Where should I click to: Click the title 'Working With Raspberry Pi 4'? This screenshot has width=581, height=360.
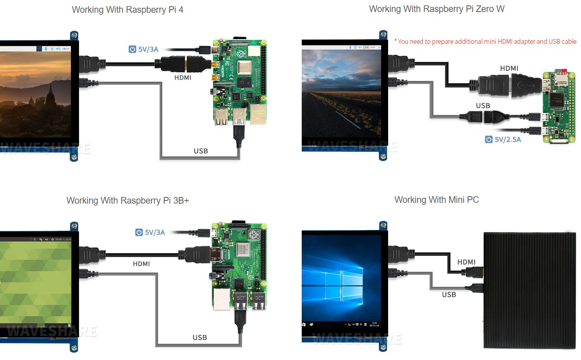(127, 10)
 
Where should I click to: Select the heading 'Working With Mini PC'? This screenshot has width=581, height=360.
(437, 200)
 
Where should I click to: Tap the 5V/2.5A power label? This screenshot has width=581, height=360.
(503, 139)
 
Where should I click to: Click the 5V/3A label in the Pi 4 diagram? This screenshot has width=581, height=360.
(144, 49)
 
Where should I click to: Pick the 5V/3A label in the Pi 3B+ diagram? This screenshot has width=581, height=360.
(150, 232)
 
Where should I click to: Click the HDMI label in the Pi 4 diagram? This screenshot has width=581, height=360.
(183, 77)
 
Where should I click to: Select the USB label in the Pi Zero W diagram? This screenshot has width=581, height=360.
(483, 106)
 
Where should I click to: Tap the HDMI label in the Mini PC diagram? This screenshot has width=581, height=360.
(466, 262)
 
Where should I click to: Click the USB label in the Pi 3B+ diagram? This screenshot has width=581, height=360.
(200, 338)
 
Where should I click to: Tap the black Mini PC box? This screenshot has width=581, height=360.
(529, 290)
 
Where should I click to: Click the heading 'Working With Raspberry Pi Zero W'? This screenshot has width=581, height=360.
(437, 9)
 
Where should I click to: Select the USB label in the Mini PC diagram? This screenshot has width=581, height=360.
(449, 295)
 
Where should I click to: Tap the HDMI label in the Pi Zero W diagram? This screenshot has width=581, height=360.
(509, 68)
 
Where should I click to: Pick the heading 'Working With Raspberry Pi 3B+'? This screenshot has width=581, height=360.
(127, 201)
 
